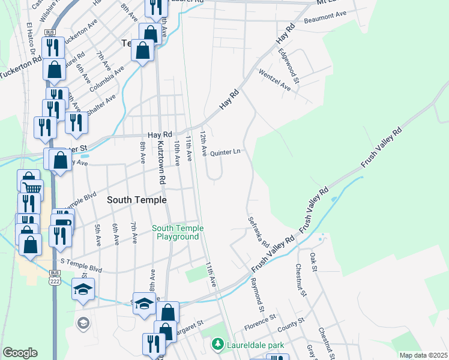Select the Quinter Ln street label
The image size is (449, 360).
(225, 152)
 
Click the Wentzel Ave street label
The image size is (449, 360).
(274, 79)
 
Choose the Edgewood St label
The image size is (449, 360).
(288, 65)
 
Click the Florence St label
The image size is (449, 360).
(259, 324)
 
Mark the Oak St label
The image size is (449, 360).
(313, 262)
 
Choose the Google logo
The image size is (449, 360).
(20, 353)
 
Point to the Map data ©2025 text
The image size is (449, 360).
(423, 355)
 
